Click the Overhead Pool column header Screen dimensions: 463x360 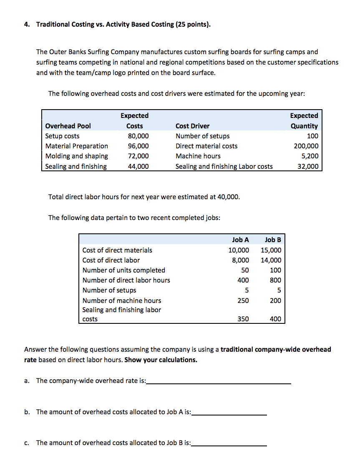coord(68,126)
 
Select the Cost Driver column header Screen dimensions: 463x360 coord(192,126)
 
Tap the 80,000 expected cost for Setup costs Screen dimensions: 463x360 coord(138,136)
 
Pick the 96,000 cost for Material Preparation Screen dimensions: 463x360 coord(138,146)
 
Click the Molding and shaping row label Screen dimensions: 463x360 coord(76,156)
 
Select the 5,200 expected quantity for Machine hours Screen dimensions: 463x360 coord(310,156)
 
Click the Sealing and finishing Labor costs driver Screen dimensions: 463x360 coord(224,166)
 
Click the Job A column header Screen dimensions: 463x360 coord(240,240)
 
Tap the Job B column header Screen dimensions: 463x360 coord(273,240)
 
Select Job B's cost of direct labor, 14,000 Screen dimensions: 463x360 coord(271,260)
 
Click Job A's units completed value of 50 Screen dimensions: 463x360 coord(245,270)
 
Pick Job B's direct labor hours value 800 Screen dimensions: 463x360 coord(275,280)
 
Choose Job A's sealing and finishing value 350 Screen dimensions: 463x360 coord(243,319)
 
